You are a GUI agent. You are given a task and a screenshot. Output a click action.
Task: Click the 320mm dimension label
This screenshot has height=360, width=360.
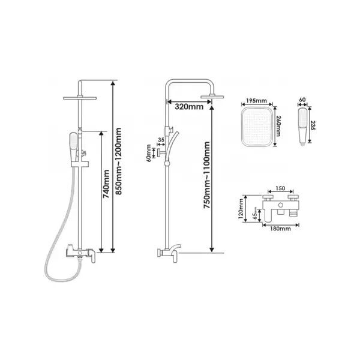point(189,107)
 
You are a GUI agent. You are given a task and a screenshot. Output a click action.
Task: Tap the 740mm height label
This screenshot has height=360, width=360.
point(106,184)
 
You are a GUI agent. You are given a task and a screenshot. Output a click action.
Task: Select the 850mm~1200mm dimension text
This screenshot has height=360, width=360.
point(118,161)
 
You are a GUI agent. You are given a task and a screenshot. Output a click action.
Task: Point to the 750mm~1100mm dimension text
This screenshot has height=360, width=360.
point(207,175)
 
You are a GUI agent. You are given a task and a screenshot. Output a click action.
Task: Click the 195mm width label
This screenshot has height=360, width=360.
point(256,101)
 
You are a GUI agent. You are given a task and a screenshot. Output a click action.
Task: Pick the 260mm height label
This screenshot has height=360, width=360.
point(278,126)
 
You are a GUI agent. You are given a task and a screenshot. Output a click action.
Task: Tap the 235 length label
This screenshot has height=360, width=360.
point(313,125)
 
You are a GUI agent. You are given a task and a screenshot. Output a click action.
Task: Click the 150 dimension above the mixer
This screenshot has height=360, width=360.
point(280,188)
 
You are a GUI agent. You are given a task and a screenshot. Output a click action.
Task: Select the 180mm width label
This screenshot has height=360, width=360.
point(280,229)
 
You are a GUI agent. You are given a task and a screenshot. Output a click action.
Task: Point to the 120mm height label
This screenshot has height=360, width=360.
point(241,208)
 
